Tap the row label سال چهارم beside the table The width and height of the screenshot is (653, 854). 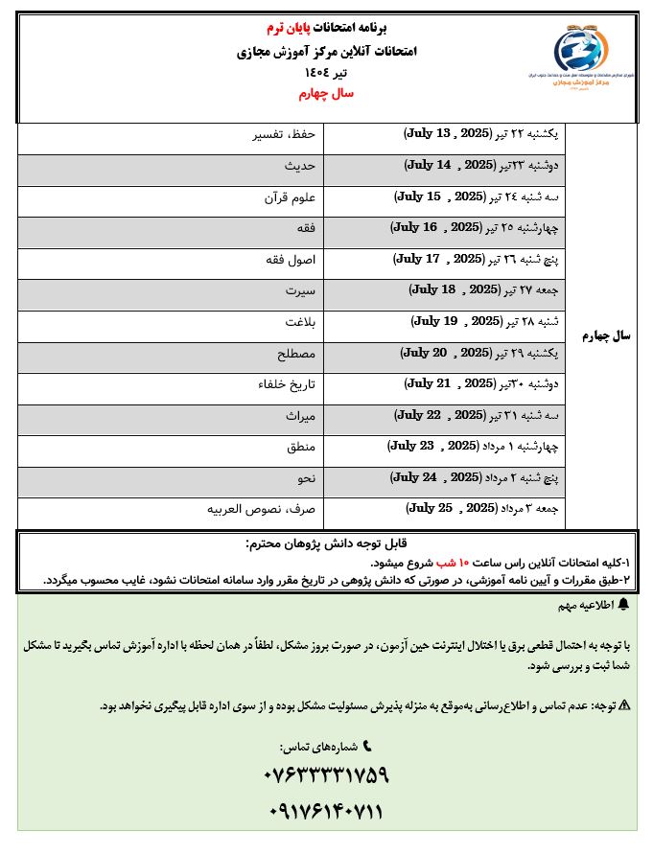(607, 336)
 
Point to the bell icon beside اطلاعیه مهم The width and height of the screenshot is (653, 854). (623, 605)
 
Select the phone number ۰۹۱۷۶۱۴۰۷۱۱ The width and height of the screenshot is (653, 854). (325, 813)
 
